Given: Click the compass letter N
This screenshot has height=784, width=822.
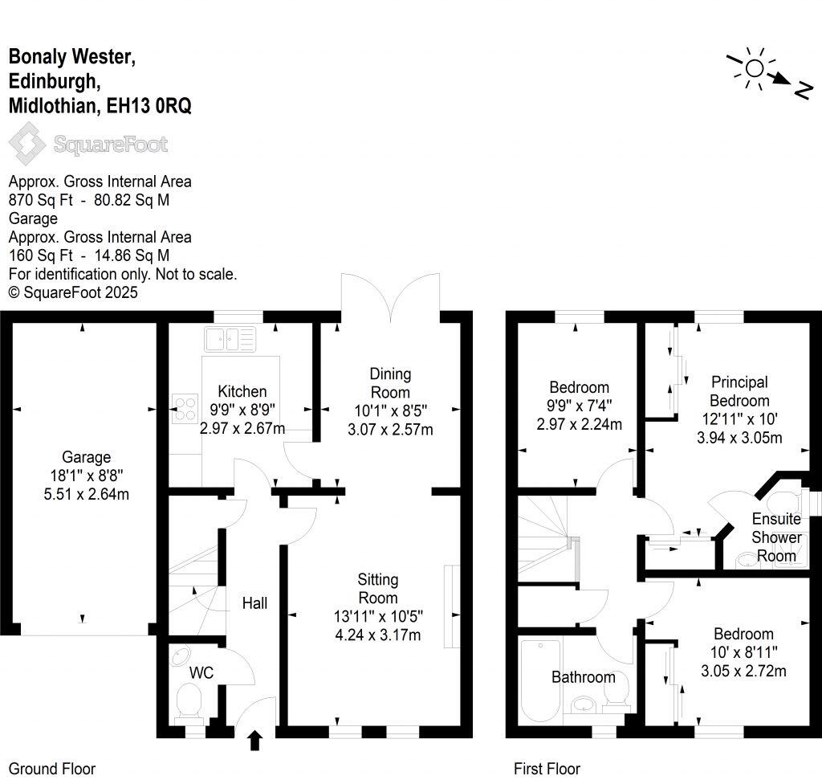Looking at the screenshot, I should pos(800,90).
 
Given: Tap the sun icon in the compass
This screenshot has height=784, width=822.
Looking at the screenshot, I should pos(754,67).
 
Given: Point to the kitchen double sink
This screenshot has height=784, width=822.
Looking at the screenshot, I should pos(230,338).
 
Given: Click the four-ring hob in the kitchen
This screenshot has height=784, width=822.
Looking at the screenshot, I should pos(185,409).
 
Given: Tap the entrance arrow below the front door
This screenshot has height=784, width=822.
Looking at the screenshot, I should pos(255,739).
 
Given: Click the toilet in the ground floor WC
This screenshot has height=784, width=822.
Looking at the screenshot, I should pos(190,701).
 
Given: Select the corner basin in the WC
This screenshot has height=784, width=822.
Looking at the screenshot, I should pos(181,656).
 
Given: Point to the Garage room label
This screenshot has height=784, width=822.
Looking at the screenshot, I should pos(86,457).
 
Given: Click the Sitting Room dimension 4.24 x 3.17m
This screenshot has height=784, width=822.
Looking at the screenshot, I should pos(378,635).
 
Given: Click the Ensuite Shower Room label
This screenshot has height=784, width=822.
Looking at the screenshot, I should pos(776,537).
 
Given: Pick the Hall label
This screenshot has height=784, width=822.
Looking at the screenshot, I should pos(254,602).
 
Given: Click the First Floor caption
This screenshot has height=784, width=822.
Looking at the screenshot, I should pos(547,769).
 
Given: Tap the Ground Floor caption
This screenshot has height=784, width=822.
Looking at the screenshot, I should pos(52,769).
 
